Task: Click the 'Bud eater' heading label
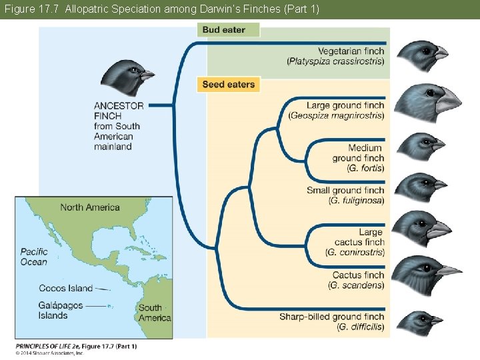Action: click(224, 30)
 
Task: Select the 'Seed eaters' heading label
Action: click(228, 85)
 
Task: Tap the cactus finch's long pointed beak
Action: click(448, 271)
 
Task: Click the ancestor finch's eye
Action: click(133, 69)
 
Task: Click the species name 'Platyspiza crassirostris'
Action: click(336, 61)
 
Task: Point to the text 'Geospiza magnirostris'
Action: click(337, 115)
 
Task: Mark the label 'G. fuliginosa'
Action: click(357, 201)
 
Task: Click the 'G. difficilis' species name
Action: click(361, 327)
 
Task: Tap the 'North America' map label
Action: click(90, 207)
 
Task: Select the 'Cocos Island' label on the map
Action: click(65, 288)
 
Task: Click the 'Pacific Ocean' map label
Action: click(34, 257)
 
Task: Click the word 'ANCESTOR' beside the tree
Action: click(119, 105)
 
